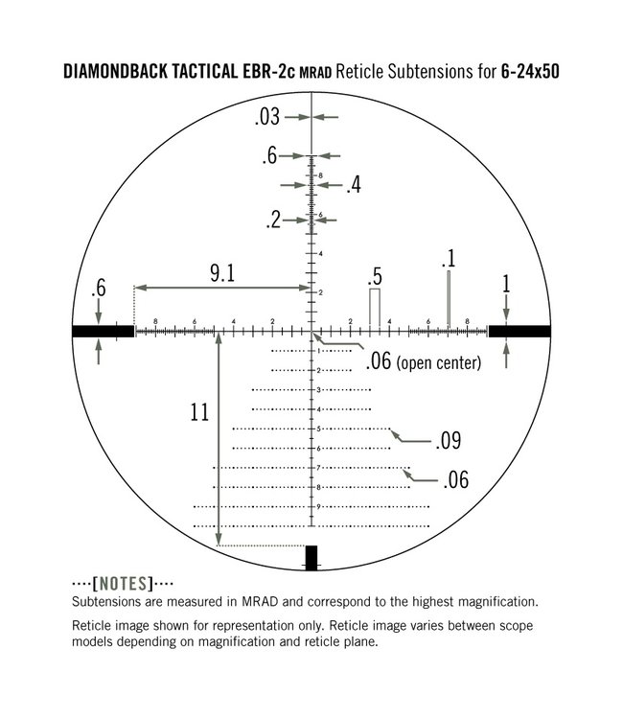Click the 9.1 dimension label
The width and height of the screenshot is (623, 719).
221,273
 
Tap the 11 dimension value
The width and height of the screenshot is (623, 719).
199,413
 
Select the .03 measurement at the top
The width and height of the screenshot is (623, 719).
267,117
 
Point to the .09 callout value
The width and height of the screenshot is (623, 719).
450,441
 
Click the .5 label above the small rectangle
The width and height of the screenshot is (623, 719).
375,276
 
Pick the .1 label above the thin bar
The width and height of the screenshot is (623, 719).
448,260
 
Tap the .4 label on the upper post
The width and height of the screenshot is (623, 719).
353,185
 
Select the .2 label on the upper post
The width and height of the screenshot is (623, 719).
273,220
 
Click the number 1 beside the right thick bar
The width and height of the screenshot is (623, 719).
506,284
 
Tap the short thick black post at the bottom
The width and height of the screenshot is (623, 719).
311,557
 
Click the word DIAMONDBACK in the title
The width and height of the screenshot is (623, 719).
121,72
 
